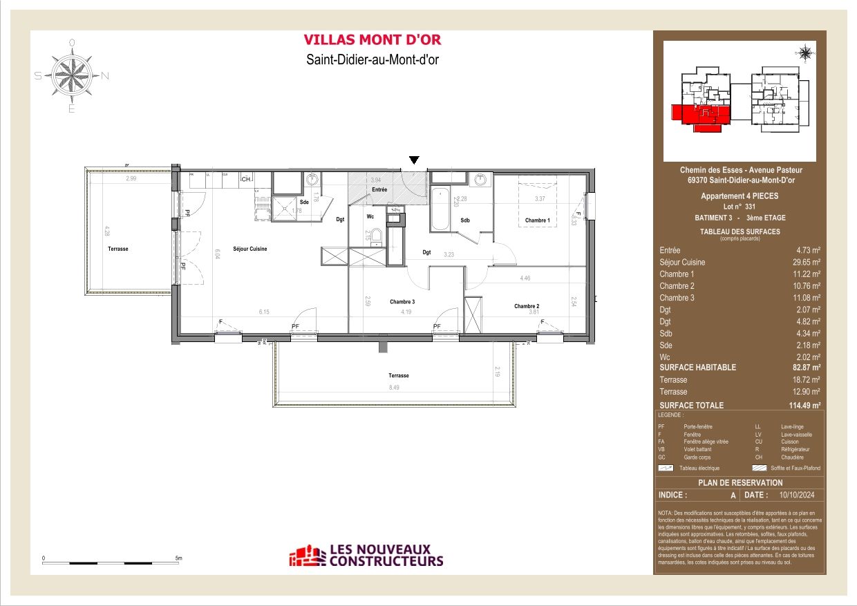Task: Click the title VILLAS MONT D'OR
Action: click(373, 40)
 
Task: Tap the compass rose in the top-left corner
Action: click(72, 76)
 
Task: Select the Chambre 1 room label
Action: click(538, 220)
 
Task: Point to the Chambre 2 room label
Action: click(526, 306)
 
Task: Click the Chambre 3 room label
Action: click(402, 302)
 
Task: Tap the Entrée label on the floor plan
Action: click(379, 189)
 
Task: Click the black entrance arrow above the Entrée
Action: click(413, 160)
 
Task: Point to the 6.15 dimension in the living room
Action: click(263, 312)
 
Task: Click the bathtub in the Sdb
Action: click(440, 210)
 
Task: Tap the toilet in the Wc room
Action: click(377, 238)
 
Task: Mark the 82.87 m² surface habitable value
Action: click(806, 368)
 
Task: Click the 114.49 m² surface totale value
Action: click(804, 406)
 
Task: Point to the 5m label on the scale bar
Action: click(178, 557)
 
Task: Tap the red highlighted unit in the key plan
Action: click(700, 115)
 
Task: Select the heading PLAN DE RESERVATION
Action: click(740, 482)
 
